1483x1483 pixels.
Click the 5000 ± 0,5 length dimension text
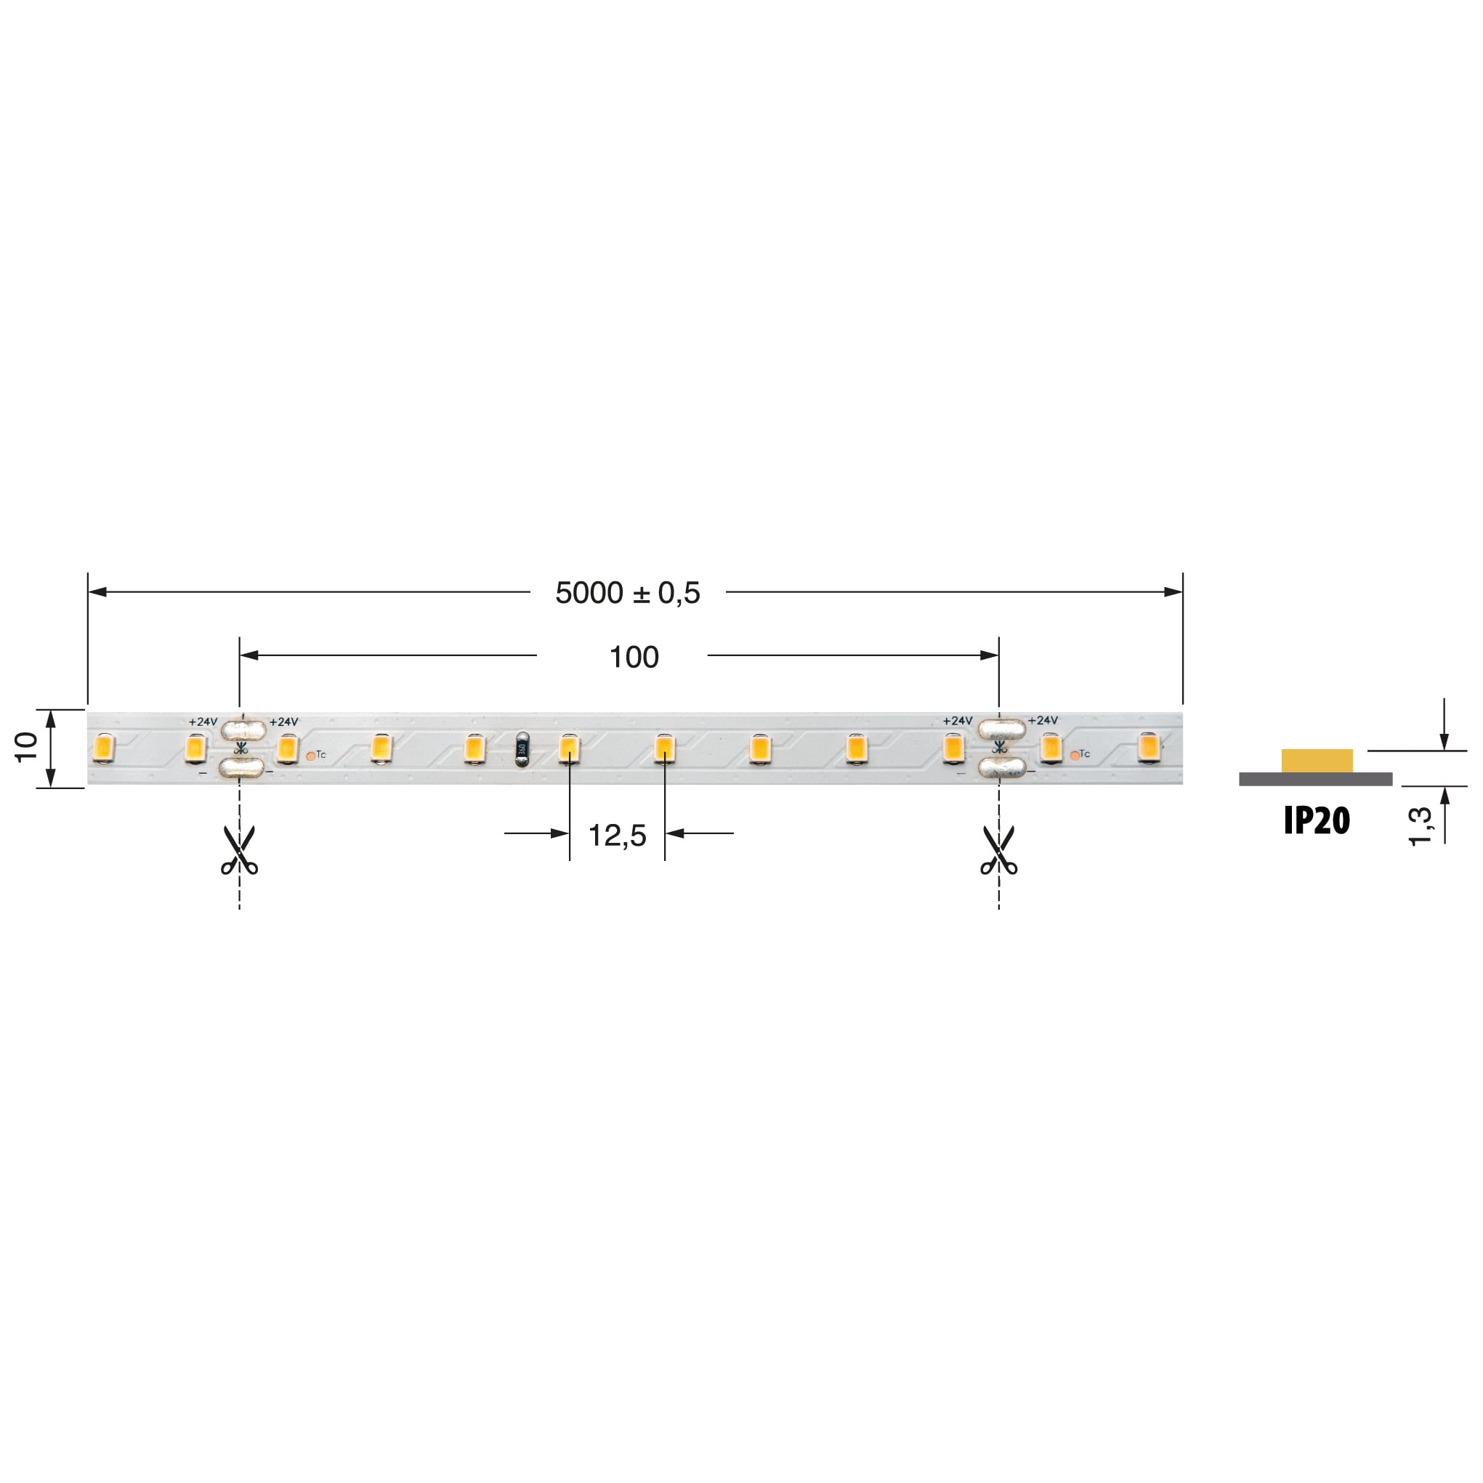627,593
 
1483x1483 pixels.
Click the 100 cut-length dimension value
634,657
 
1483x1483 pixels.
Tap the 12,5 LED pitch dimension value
617,835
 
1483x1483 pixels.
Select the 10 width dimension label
26,747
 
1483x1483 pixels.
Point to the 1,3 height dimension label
1420,826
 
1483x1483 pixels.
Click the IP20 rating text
1317,821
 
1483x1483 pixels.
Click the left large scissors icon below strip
240,851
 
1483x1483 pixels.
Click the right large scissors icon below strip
998,851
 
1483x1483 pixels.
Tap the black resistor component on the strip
522,749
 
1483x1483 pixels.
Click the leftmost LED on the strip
103,748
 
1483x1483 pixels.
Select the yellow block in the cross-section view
1317,761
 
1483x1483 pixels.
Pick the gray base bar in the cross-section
1315,779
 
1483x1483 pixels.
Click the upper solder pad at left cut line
243,730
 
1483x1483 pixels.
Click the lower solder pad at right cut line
1003,767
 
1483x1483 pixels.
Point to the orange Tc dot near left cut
310,756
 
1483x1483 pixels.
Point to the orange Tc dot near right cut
1075,756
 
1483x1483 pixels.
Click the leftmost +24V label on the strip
203,722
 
